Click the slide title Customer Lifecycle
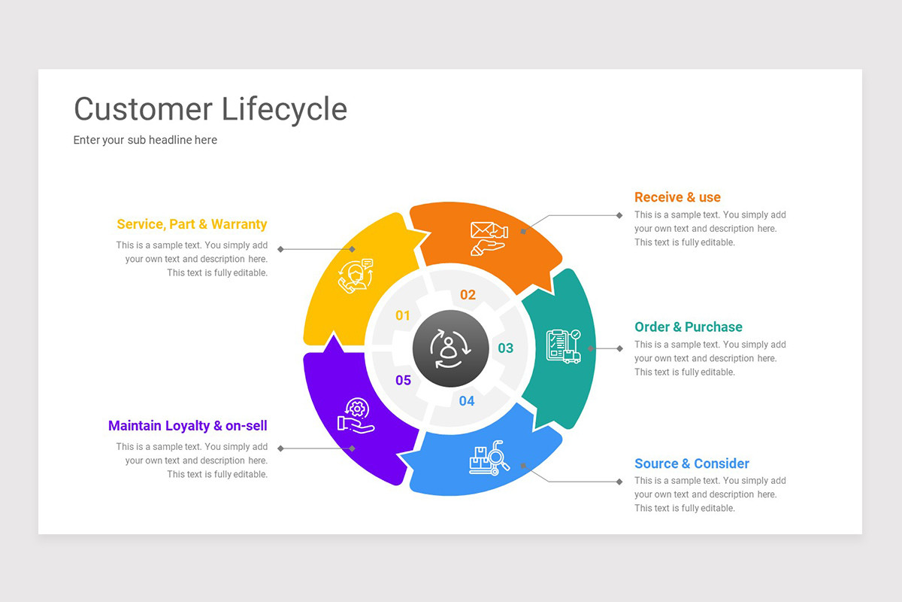coord(210,109)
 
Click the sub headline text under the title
coord(145,140)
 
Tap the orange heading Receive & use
coord(677,197)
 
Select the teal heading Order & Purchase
coord(688,327)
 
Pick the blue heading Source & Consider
coord(692,464)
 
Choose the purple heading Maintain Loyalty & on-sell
coord(188,426)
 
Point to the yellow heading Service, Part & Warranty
coord(192,224)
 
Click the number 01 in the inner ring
coord(403,316)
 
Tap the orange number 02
coord(468,295)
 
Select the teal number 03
coord(506,348)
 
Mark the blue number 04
coord(467,401)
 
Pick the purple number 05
coord(404,381)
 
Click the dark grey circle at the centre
coord(449,348)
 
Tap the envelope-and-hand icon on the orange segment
coord(488,238)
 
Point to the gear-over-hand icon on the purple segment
coord(356,415)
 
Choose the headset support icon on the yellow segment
coord(356,275)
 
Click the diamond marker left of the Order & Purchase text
coord(619,348)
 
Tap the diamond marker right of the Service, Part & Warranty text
coord(280,249)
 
